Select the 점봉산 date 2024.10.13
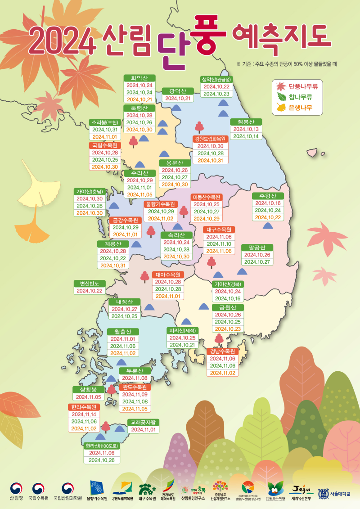coord(246,129)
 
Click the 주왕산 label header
coord(268,196)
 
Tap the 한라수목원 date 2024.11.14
coord(84,414)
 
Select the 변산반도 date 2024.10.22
coord(90,291)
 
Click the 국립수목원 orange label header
coord(105,145)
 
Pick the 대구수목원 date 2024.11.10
coord(219,243)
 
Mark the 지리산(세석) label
coord(183,330)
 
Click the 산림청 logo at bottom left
coord(16,491)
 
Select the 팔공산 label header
coord(257,248)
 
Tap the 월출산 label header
coord(123,332)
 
